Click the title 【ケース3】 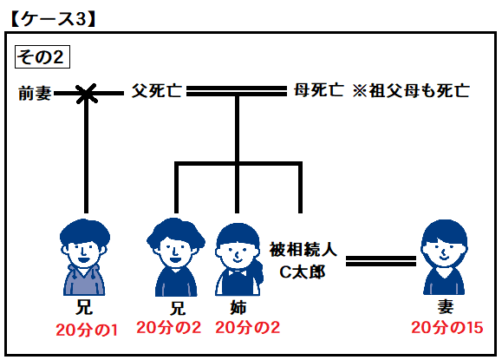coord(53,19)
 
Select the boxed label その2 coord(42,57)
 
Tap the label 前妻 coord(35,94)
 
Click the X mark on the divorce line coord(86,94)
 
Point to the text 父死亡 coord(157,90)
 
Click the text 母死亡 coord(319,90)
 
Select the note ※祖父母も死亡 coord(411,90)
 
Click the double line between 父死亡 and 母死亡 coord(237,90)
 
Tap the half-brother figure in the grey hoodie coord(84,257)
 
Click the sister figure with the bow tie coord(238,259)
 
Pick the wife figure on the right coord(445,257)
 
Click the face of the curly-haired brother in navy coord(176,251)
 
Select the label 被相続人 coord(303,250)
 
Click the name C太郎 coord(303,272)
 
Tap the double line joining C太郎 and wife coord(381,261)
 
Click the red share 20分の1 coord(87,330)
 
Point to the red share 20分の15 coord(447,328)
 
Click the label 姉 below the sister coord(238,308)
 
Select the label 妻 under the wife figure coord(446,307)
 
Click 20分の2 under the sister coord(247,328)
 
